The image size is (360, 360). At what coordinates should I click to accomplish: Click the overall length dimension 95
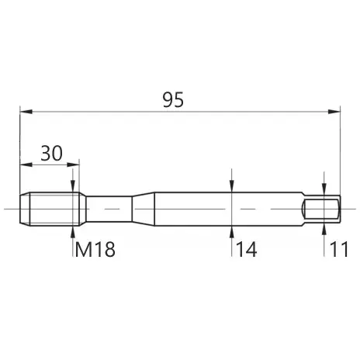[x=173, y=99]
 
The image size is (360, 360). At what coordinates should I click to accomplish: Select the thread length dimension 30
[x=51, y=153]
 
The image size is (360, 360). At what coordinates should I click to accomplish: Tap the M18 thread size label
[x=95, y=249]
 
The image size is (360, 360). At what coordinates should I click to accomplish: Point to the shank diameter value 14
[x=247, y=249]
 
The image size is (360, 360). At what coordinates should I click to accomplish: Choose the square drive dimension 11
[x=339, y=249]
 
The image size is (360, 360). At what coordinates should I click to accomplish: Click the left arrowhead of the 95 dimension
[x=26, y=112]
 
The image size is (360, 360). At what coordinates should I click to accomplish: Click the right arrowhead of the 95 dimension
[x=334, y=112]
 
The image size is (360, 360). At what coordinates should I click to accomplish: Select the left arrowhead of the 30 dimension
[x=26, y=164]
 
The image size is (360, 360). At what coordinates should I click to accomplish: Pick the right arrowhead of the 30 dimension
[x=73, y=164]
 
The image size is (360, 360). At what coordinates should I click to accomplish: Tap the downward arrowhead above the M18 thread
[x=73, y=186]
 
